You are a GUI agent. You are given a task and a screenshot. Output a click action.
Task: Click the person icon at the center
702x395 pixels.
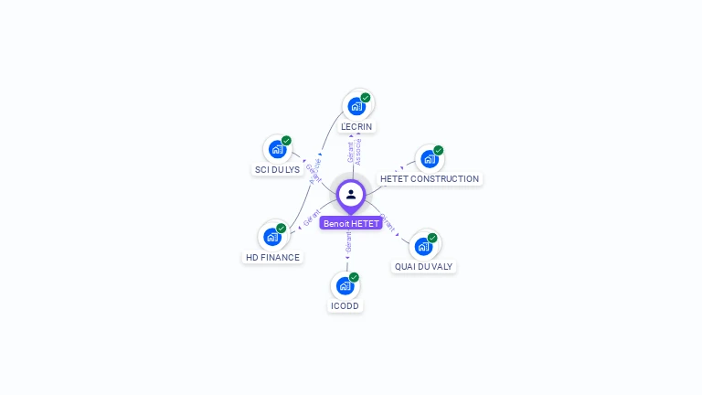point(351,194)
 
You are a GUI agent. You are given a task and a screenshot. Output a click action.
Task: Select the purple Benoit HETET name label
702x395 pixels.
point(351,223)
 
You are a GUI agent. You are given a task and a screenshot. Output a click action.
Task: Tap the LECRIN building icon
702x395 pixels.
point(356,106)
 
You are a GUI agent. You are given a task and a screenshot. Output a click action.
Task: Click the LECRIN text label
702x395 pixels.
point(356,127)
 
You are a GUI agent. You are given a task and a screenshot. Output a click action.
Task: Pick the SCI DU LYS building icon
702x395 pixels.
point(277,149)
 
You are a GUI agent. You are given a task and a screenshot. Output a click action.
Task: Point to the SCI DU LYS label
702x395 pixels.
point(277,170)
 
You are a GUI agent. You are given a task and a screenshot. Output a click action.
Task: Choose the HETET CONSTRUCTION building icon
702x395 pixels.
point(429,159)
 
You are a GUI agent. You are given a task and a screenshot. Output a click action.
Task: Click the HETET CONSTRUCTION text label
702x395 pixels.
point(430,179)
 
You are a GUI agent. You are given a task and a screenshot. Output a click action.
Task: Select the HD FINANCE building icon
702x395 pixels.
point(272,237)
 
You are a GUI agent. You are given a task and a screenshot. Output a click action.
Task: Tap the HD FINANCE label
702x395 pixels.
point(272,258)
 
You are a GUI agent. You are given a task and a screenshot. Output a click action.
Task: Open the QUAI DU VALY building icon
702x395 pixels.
point(423,246)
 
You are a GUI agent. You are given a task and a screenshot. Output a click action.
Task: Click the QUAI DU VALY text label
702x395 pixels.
point(423,267)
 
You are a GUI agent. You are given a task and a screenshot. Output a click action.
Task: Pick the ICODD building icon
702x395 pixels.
point(346,285)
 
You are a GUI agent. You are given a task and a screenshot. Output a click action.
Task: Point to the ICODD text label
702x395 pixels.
point(346,306)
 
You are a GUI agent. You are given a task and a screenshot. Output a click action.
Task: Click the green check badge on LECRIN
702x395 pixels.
point(366,98)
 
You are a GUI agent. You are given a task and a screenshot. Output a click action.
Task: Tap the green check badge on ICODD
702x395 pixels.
point(355,277)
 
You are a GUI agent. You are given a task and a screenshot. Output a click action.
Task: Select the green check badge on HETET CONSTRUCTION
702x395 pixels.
point(439,151)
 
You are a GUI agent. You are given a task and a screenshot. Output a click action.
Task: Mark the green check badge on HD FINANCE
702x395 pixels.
point(282,229)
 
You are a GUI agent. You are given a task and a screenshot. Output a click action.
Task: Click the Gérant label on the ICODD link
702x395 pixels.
point(348,243)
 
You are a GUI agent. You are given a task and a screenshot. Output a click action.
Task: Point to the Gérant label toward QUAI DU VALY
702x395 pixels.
point(388,223)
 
